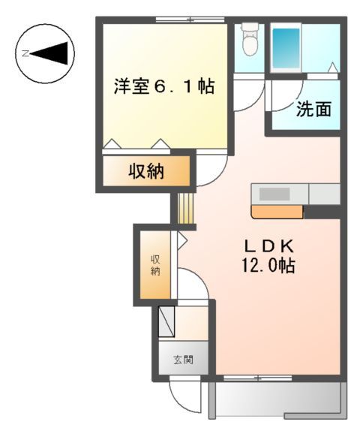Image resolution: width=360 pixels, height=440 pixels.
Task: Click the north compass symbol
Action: pos(45,53)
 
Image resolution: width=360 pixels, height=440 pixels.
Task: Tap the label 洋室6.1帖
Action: pos(163,86)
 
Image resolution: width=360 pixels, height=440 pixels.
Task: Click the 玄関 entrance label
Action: pos(184,360)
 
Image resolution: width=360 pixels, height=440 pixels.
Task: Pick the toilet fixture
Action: pos(250,44)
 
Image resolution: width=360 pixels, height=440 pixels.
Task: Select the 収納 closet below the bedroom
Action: pos(145,171)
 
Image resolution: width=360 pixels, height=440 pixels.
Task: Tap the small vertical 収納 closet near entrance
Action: pos(155,264)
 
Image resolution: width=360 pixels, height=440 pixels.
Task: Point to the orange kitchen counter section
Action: pos(277,212)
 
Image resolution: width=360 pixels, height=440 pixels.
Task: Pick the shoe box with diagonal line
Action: pos(166,321)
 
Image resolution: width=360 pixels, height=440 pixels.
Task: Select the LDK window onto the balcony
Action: pos(247,376)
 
